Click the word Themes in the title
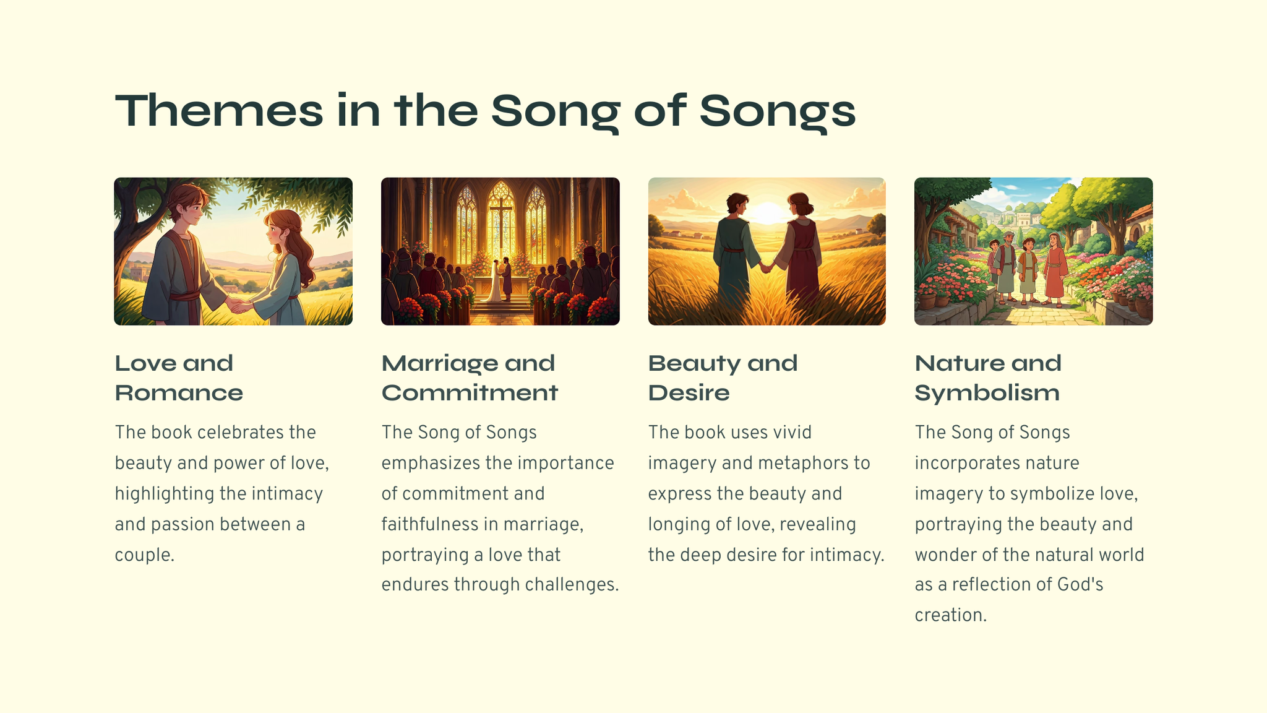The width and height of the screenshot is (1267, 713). click(x=219, y=111)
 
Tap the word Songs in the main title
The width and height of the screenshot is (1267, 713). click(x=778, y=113)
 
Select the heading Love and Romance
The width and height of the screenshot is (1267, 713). click(x=179, y=378)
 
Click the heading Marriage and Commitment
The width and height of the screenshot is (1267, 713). click(x=470, y=378)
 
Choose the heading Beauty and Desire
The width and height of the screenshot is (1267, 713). click(x=723, y=378)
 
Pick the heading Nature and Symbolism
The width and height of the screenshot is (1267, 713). click(x=988, y=378)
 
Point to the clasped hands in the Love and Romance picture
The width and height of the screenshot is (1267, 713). click(x=240, y=306)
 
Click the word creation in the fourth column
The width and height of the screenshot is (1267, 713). click(x=950, y=616)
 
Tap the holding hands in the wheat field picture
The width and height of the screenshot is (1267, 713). click(x=767, y=267)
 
